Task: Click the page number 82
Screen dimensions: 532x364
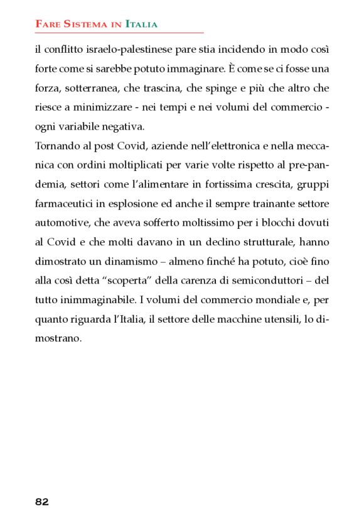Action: [42, 501]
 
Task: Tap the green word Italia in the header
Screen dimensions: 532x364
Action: [141, 25]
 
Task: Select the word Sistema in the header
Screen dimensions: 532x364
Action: [87, 25]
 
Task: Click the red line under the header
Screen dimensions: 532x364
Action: [119, 32]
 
